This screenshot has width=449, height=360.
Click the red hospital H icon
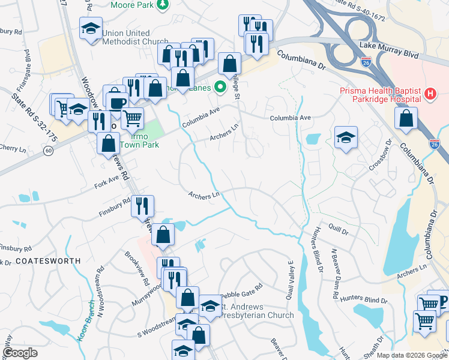[430, 94]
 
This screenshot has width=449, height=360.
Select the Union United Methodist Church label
[135, 37]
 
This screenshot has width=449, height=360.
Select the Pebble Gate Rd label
[243, 289]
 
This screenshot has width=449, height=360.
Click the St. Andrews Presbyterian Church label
[255, 311]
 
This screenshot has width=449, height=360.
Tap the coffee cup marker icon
[116, 103]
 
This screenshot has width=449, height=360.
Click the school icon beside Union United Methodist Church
[91, 29]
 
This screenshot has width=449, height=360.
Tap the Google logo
[20, 353]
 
